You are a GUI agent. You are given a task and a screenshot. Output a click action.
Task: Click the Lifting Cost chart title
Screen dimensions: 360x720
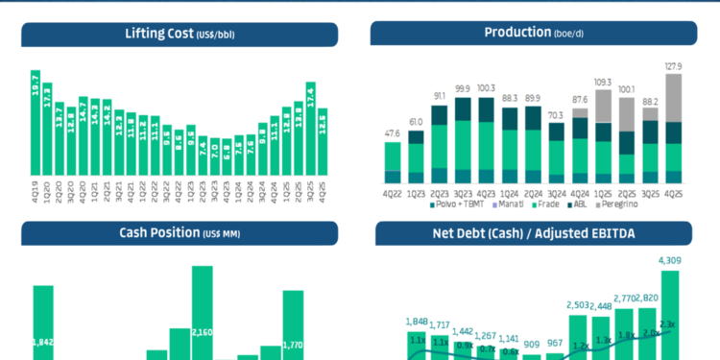pyautogui.click(x=180, y=35)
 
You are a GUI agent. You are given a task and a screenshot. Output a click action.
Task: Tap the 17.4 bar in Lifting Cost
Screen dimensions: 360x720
pyautogui.click(x=310, y=134)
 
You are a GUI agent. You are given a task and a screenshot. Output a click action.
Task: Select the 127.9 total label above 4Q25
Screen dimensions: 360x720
pyautogui.click(x=674, y=66)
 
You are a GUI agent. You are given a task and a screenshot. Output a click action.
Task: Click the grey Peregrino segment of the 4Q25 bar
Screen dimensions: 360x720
pyautogui.click(x=674, y=98)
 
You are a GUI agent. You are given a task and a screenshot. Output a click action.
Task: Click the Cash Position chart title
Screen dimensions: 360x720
pyautogui.click(x=180, y=232)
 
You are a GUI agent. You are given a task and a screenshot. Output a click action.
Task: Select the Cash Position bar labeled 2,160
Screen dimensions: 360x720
pyautogui.click(x=202, y=317)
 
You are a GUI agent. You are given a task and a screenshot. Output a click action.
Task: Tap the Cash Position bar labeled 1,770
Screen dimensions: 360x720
pyautogui.click(x=293, y=326)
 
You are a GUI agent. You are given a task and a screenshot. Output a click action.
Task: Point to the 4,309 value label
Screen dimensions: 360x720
pyautogui.click(x=669, y=260)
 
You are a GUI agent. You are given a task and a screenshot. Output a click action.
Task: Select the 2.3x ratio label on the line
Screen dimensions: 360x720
pyautogui.click(x=669, y=324)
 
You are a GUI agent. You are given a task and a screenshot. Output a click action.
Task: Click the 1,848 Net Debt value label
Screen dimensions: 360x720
pyautogui.click(x=417, y=322)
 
